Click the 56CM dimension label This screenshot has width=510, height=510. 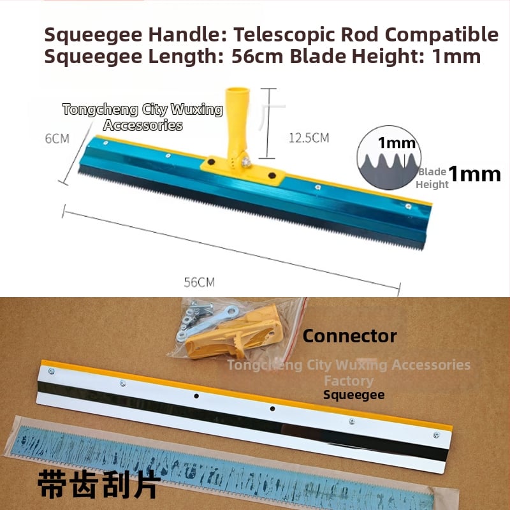200,282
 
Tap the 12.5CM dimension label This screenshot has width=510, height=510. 309,138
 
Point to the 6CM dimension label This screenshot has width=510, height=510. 57,138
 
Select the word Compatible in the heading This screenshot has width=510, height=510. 442,34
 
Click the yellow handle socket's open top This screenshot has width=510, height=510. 237,90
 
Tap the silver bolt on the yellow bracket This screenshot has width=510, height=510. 246,161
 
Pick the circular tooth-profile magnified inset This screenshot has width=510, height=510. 389,157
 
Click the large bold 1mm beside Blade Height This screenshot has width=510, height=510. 474,173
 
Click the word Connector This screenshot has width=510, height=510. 349,336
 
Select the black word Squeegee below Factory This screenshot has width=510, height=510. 354,395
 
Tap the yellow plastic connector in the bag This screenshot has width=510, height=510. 233,334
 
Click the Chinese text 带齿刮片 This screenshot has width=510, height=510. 99,484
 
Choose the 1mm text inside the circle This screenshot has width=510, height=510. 397,143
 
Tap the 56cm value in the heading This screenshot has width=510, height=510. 258,57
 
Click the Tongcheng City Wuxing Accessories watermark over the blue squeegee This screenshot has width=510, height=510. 143,117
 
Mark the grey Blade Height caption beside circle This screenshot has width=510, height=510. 432,178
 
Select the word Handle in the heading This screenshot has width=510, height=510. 187,34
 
